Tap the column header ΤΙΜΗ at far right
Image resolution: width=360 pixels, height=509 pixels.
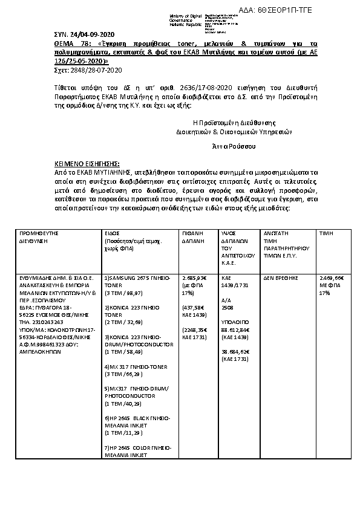coord(327,232)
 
